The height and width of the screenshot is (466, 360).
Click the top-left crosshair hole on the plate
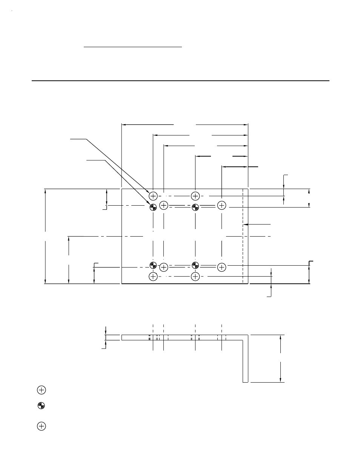pyautogui.click(x=153, y=196)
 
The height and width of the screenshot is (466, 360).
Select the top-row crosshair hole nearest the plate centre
pyautogui.click(x=195, y=196)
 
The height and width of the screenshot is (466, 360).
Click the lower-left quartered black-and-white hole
pyautogui.click(x=153, y=265)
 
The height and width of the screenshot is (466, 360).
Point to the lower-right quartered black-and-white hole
pyautogui.click(x=195, y=265)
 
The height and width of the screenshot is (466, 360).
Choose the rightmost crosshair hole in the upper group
pyautogui.click(x=222, y=205)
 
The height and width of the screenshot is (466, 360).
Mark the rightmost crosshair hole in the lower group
pyautogui.click(x=222, y=267)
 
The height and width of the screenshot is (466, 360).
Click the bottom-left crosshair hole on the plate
pyautogui.click(x=153, y=277)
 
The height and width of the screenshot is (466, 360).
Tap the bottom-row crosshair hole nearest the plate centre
pyautogui.click(x=195, y=277)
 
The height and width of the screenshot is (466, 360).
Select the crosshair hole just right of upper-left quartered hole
pyautogui.click(x=163, y=205)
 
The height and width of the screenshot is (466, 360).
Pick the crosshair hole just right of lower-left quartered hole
pyautogui.click(x=163, y=267)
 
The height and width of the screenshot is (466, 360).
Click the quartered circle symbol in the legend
pyautogui.click(x=41, y=406)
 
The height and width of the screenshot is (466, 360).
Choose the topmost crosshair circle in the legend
pyautogui.click(x=41, y=390)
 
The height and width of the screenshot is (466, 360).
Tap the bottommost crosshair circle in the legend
pyautogui.click(x=41, y=426)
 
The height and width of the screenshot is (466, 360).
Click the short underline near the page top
pyautogui.click(x=132, y=47)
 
